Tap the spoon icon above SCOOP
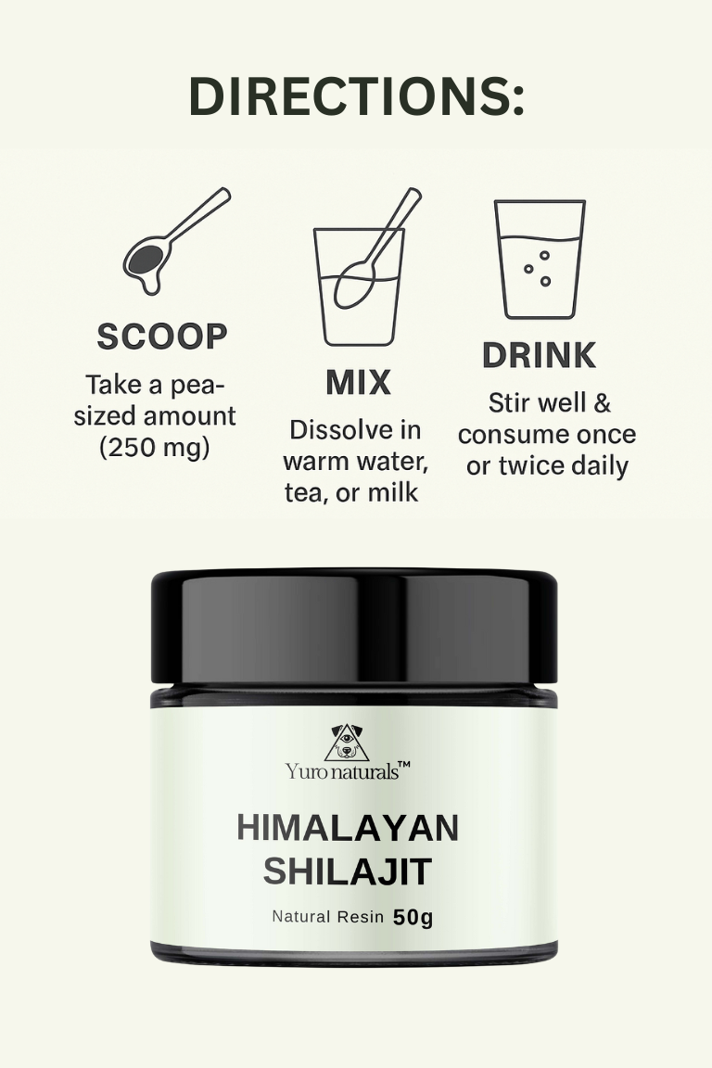[176, 240]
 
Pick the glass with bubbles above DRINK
[540, 260]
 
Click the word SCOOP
[162, 337]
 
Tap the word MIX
[359, 382]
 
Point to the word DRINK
[539, 355]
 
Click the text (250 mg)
[155, 448]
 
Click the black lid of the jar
[354, 627]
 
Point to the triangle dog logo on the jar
[347, 744]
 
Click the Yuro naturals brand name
[342, 771]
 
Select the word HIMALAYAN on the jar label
[349, 828]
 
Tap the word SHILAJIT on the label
[349, 871]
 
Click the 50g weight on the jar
[413, 918]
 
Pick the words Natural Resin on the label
[328, 917]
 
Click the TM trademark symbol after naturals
[404, 766]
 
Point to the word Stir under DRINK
[510, 403]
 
